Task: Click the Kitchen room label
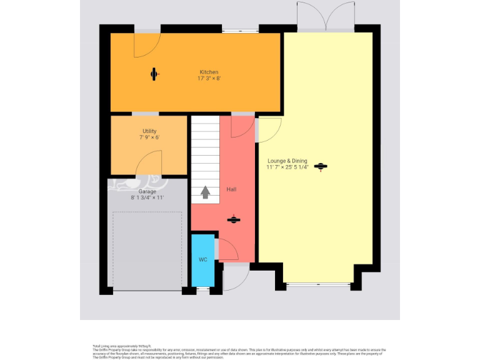[209, 72]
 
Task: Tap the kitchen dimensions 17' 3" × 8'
[209, 79]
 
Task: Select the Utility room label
[149, 131]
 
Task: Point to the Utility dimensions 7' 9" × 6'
[149, 137]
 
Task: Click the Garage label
[147, 191]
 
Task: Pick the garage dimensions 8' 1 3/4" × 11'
[147, 197]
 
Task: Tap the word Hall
[231, 189]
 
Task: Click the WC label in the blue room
[202, 259]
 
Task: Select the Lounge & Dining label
[287, 161]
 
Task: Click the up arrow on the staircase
[205, 192]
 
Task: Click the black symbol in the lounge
[321, 166]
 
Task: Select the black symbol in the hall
[233, 219]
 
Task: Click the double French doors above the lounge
[325, 16]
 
